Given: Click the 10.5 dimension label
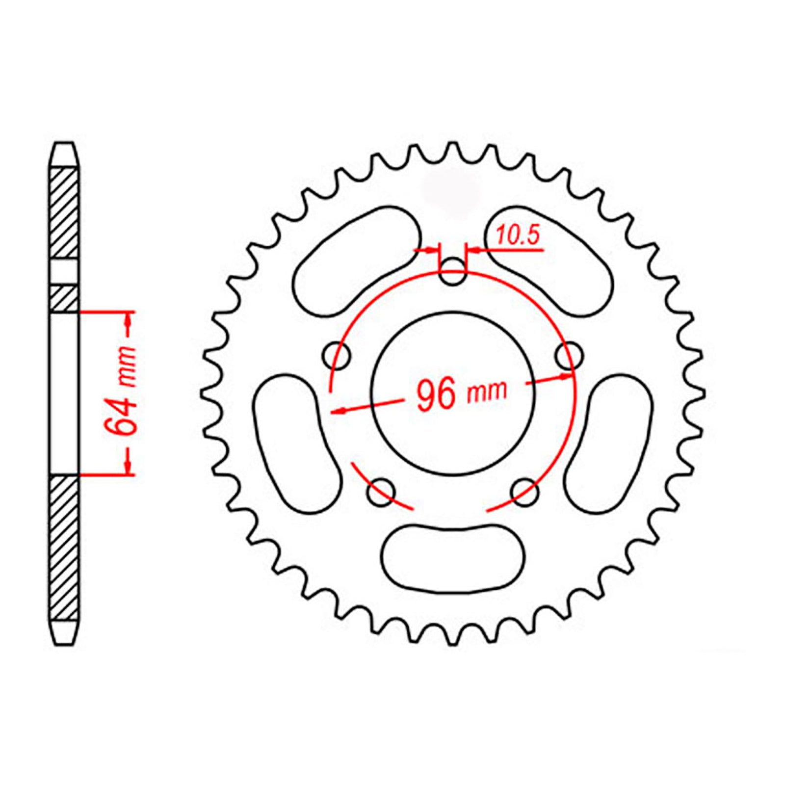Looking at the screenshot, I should [x=517, y=236].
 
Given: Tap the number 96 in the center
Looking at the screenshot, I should [x=436, y=395].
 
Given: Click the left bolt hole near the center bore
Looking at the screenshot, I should [x=338, y=355].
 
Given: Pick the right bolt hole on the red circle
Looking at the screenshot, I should [x=569, y=355].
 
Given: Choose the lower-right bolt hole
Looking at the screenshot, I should [x=524, y=492].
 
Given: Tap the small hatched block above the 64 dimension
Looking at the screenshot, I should [x=64, y=298].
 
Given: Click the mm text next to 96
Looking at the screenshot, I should [x=486, y=392].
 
